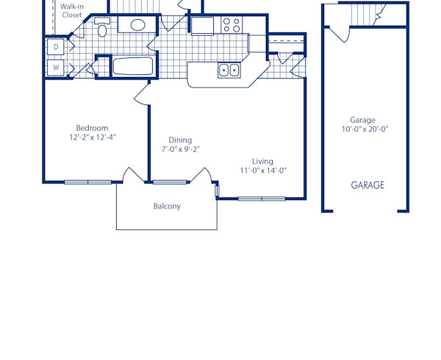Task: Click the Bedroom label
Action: pos(92,128)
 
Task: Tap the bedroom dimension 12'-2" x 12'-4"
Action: pos(93,137)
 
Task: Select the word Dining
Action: pos(180,140)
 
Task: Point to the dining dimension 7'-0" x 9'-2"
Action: pos(181,149)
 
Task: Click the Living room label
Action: pos(262,162)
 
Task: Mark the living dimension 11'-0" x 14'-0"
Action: pos(263,170)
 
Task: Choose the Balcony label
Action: pos(167,206)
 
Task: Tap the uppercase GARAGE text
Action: pos(367,185)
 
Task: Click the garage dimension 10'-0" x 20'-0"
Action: pos(365,129)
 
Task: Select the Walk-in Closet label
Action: pos(71,10)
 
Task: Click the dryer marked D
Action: pos(56,48)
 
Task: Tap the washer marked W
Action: pos(56,68)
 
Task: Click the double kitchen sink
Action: pos(229,71)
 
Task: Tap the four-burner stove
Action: pos(232,25)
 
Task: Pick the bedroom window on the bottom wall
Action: pos(88,181)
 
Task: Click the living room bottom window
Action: pos(262,198)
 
